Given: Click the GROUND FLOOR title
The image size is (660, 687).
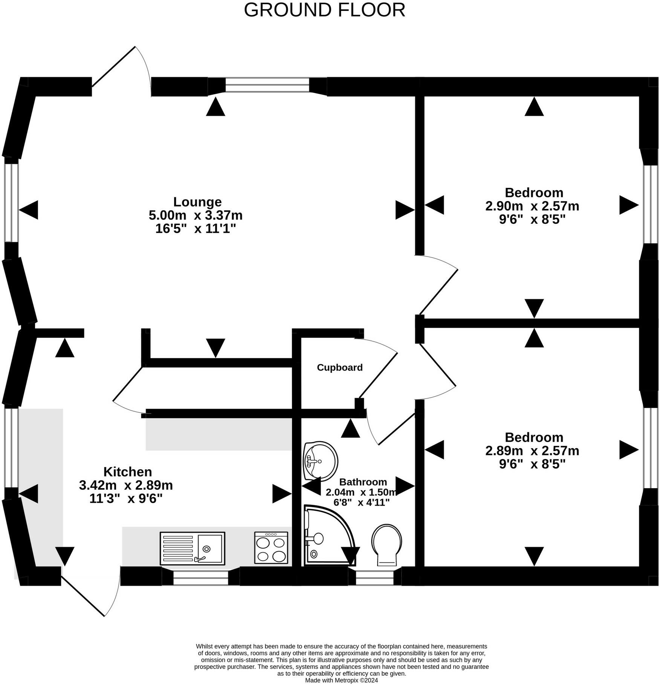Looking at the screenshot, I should (x=324, y=10).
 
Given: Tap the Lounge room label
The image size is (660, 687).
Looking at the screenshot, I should (x=197, y=202).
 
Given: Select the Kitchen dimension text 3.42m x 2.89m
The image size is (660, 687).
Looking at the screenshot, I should (x=126, y=485).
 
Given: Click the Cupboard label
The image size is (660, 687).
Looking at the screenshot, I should (x=339, y=367).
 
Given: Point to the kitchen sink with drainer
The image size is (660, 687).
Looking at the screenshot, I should (x=192, y=548).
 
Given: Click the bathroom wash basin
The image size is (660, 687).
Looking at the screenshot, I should (x=320, y=461).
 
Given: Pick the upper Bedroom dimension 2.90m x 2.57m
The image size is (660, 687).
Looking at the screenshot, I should (x=532, y=206).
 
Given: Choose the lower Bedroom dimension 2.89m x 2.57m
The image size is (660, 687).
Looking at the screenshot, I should (x=532, y=450).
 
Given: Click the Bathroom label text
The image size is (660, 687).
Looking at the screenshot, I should (x=363, y=482).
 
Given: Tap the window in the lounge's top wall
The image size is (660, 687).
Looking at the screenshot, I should (x=267, y=85).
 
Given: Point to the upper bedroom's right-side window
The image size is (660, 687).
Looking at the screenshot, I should (x=649, y=204).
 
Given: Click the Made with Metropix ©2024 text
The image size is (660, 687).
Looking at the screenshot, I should (x=341, y=680).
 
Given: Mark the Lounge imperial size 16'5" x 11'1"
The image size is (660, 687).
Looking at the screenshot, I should (x=196, y=229).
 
